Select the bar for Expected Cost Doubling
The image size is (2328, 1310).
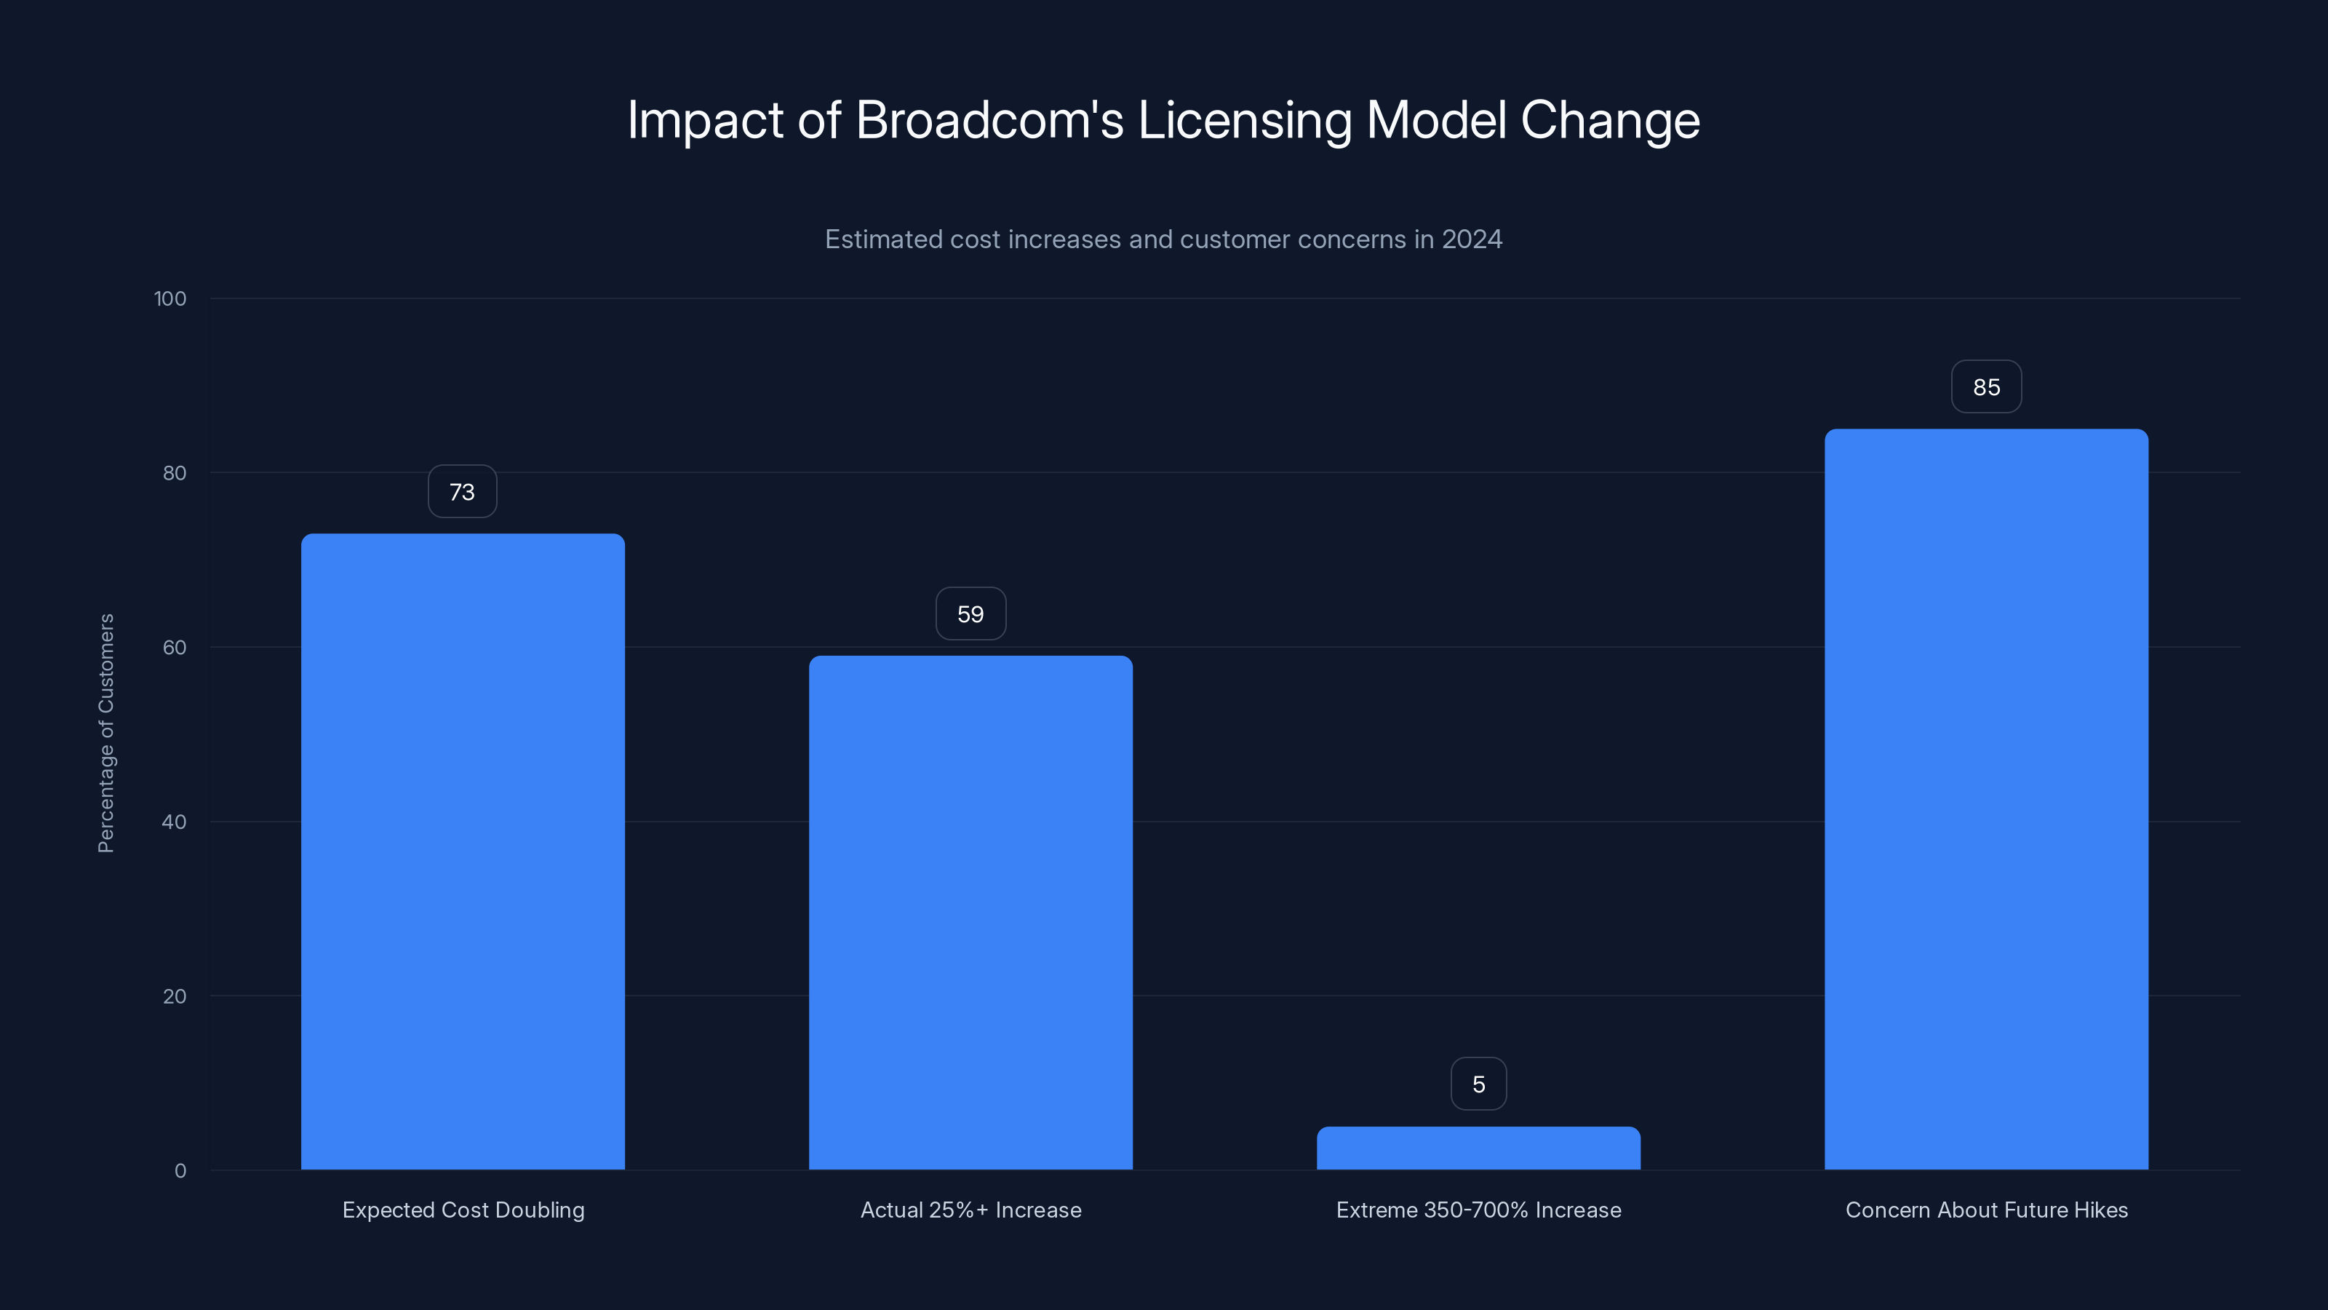pos(463,850)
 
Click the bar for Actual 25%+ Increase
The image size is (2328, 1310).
pos(970,913)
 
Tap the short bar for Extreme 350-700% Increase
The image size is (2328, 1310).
pos(1478,1148)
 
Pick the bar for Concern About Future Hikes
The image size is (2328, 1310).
pos(1986,799)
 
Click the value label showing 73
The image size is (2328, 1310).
pos(462,492)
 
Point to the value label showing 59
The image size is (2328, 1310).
pos(970,614)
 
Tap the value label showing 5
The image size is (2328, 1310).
pos(1478,1084)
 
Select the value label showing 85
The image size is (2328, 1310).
pos(1986,387)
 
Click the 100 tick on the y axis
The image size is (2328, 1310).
pos(170,298)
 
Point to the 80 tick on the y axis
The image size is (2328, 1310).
pos(175,473)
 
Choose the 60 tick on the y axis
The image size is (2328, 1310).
pos(175,647)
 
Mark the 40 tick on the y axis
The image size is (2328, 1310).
pos(175,822)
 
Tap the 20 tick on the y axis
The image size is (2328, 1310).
pos(175,996)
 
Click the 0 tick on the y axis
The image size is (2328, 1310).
pos(180,1171)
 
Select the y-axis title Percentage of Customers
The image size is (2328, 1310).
pos(105,733)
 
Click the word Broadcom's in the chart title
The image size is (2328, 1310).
pos(989,120)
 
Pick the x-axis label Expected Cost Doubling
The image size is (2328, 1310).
pos(463,1210)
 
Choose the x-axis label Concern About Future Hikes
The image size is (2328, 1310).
pos(1986,1210)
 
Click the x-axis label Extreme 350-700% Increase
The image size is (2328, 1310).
pos(1478,1210)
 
